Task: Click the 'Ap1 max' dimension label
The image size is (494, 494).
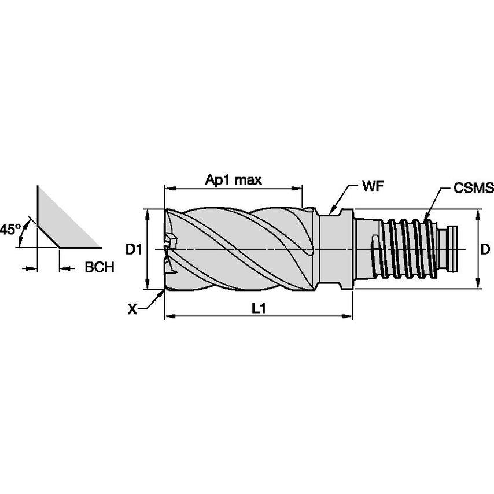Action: tap(234, 180)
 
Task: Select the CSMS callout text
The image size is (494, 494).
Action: tap(473, 187)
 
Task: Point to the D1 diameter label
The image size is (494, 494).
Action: tap(134, 249)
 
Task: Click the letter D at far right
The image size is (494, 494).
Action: tap(485, 249)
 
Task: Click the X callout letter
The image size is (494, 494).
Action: tap(132, 309)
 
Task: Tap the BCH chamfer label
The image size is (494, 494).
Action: tap(99, 268)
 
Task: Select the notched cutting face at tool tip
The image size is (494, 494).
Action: tap(171, 249)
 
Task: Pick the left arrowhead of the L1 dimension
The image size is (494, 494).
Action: tap(168, 316)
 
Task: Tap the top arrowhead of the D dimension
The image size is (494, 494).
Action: tap(478, 213)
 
